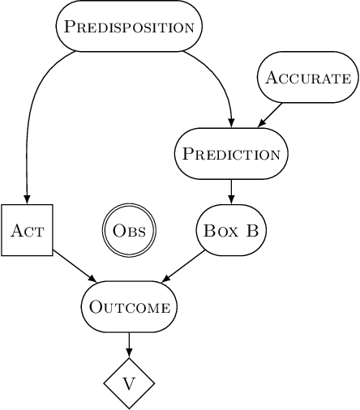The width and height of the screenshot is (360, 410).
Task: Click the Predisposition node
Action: (129, 26)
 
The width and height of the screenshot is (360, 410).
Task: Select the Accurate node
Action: (308, 78)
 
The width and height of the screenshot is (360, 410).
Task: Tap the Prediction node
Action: (231, 154)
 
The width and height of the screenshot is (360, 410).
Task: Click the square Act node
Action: (27, 230)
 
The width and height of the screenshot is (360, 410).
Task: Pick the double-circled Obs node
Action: (129, 230)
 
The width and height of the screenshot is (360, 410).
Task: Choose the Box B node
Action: (231, 230)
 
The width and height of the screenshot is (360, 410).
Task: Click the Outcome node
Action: (129, 307)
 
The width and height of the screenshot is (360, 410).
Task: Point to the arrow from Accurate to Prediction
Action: (271, 115)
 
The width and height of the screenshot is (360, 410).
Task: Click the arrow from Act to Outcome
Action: (74, 267)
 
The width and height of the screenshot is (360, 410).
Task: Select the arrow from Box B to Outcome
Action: (184, 267)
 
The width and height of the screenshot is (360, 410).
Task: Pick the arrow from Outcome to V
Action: (129, 344)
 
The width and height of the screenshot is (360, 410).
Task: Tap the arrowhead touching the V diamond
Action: (129, 353)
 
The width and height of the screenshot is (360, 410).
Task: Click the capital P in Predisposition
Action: (70, 26)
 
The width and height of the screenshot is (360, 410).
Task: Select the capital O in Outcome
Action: (94, 307)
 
